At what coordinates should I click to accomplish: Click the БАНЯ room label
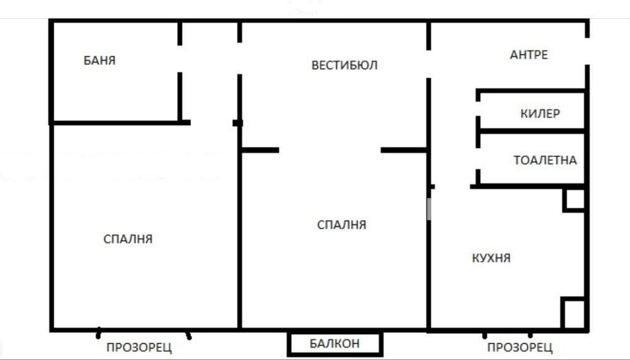pos(100,61)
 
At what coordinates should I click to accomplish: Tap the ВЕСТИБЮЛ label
pos(345,65)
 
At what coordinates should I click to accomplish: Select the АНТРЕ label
pos(529,55)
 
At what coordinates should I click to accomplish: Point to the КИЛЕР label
pos(541,114)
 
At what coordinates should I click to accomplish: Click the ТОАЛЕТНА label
pos(545,160)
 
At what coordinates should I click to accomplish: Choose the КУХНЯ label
pos(491,258)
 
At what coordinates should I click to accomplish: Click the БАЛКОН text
pos(335,344)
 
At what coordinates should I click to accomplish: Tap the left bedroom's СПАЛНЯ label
pos(128,239)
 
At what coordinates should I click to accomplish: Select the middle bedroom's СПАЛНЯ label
pos(341,224)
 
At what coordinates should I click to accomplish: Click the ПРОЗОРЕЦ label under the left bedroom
pos(139,347)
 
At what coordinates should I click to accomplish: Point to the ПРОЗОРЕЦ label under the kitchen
pos(520,347)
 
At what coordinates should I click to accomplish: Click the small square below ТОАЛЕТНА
pos(574,199)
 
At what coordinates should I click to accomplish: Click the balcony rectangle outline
pos(290,344)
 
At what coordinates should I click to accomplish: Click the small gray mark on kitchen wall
pos(429,209)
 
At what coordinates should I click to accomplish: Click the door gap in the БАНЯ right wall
pos(180,59)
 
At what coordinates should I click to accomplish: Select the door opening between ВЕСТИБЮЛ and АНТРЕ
pos(429,63)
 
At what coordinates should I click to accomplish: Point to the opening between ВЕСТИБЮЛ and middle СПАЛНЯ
pos(329,150)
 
